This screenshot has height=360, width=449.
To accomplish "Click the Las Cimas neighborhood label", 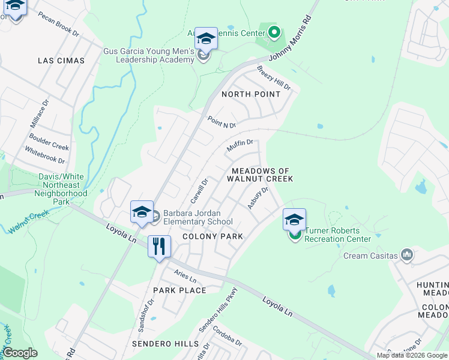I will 61,61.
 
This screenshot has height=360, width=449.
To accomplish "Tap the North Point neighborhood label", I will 250,94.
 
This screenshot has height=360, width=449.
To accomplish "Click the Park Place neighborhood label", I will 179,290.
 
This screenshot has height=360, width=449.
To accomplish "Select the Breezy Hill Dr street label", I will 274,78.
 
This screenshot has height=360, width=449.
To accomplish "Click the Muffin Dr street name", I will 240,145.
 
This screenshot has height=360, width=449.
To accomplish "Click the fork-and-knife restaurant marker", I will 159,246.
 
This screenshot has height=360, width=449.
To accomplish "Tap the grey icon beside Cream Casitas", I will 408,256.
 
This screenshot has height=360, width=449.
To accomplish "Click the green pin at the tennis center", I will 274,32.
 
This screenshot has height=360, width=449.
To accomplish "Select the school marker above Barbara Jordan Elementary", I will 142,212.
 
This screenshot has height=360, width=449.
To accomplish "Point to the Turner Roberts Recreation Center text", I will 337,235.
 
